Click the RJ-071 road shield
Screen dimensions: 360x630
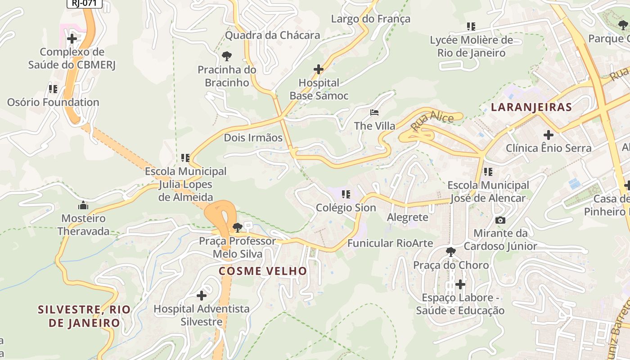click(x=85, y=3)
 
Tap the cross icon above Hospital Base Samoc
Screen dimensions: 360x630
click(x=319, y=69)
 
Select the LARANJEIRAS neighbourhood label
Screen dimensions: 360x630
click(x=531, y=107)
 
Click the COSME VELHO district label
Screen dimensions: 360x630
click(x=263, y=271)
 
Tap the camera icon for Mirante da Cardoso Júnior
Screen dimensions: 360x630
click(x=500, y=220)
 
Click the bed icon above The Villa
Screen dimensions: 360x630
click(x=374, y=112)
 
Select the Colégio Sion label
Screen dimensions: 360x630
click(x=346, y=207)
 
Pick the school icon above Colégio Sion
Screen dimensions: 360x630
click(x=346, y=194)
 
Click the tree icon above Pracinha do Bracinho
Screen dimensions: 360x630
click(x=227, y=56)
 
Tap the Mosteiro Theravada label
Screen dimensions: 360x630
click(x=83, y=225)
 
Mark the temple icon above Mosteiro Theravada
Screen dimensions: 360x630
click(x=83, y=206)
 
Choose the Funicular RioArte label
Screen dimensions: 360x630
click(x=390, y=243)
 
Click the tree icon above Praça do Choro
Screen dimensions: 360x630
click(x=451, y=252)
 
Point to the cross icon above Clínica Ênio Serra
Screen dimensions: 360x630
click(x=548, y=135)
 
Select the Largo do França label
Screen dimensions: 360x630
click(x=370, y=19)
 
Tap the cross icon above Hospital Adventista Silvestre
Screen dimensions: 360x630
click(x=202, y=296)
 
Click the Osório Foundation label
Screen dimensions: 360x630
click(x=53, y=102)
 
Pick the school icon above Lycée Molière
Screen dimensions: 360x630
click(x=471, y=27)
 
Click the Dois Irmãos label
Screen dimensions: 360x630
click(x=253, y=138)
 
